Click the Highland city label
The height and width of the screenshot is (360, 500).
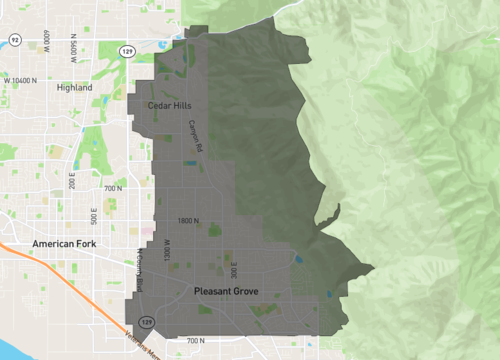[75, 87]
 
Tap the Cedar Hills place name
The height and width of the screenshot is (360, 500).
[169, 105]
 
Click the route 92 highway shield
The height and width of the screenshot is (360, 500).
[15, 39]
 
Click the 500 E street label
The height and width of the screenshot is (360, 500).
[93, 214]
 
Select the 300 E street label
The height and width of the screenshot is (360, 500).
[231, 269]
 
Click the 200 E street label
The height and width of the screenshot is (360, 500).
[72, 180]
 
